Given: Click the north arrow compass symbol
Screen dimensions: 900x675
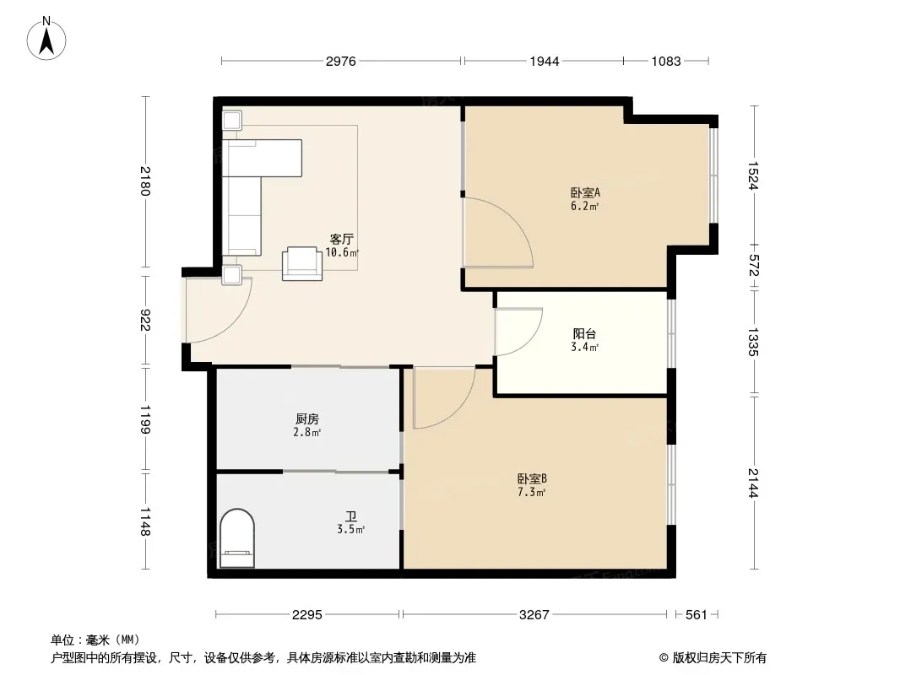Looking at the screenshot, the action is pos(46,39).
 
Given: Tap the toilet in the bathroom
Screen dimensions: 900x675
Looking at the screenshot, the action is pos(237,538).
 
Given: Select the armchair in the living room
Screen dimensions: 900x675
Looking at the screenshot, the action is pos(302,263).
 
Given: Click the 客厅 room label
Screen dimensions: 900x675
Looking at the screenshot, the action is pos(342,239).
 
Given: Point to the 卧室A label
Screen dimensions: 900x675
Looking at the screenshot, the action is pos(585,192).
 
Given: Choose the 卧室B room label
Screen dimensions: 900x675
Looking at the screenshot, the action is pos(532,478).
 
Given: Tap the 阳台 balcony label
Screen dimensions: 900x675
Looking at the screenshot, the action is pos(584,334).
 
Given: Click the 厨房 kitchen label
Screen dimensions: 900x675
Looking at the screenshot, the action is pos(307,419).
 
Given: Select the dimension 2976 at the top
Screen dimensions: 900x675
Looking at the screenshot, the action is pos(341,61).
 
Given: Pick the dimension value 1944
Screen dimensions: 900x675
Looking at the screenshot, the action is pos(544,61).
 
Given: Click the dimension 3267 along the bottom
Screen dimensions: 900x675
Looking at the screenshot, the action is pos(534,615).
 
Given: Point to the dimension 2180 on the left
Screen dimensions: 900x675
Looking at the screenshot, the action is pos(144,181).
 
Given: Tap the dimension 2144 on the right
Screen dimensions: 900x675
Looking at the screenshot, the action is pos(753,483).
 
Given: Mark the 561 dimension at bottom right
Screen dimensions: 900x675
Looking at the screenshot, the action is pos(697,615).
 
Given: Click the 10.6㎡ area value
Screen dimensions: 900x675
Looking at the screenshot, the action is pos(342,252).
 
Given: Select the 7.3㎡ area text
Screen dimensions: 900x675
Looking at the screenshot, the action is pos(532,492).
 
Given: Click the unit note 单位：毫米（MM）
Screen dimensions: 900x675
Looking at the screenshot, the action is pos(95,640).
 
